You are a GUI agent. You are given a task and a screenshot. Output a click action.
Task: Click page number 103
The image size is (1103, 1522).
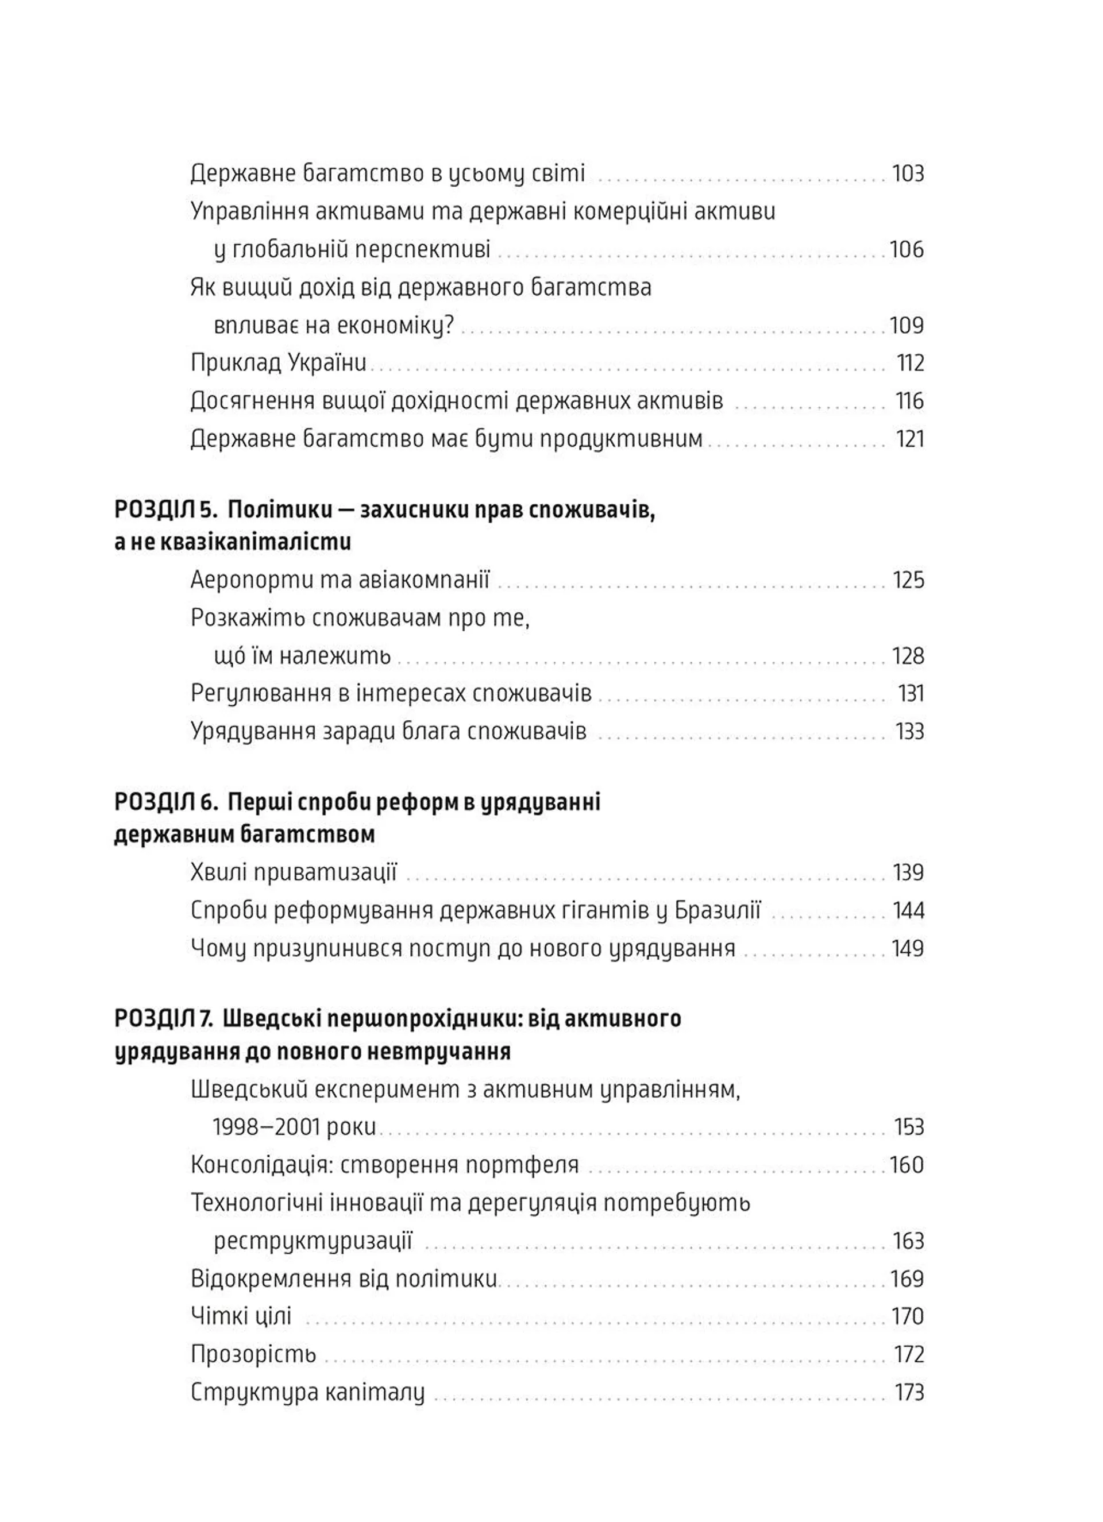click(907, 174)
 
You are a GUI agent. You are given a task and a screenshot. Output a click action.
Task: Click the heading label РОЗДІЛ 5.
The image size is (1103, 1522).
click(165, 511)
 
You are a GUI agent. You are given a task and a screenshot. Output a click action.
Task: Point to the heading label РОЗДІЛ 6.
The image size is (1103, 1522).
click(165, 802)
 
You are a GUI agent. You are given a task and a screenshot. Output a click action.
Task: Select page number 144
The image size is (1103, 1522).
click(908, 911)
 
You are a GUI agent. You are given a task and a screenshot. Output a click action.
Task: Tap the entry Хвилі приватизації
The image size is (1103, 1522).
click(294, 872)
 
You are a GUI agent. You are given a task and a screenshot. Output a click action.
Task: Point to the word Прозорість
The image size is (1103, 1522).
click(253, 1354)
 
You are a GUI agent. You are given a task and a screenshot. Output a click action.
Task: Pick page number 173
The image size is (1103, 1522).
click(909, 1392)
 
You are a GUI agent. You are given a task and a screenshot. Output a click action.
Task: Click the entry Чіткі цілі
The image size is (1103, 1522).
click(241, 1316)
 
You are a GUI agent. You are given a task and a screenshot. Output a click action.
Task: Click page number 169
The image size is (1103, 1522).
click(907, 1278)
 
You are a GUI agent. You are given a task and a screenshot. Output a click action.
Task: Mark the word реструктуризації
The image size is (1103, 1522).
click(313, 1241)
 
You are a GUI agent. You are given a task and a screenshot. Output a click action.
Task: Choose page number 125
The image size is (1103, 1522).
click(908, 580)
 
